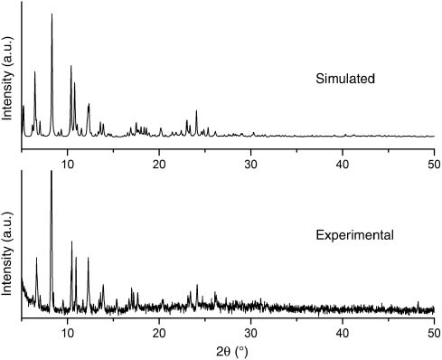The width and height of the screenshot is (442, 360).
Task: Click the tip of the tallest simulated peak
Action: [52, 14]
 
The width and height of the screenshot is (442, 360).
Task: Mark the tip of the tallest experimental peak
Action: [51, 171]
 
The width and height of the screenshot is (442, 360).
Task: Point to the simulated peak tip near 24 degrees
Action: [196, 110]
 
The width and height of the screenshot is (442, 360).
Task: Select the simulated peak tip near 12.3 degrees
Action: [89, 104]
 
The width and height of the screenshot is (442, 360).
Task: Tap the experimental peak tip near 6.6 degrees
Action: [36, 258]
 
